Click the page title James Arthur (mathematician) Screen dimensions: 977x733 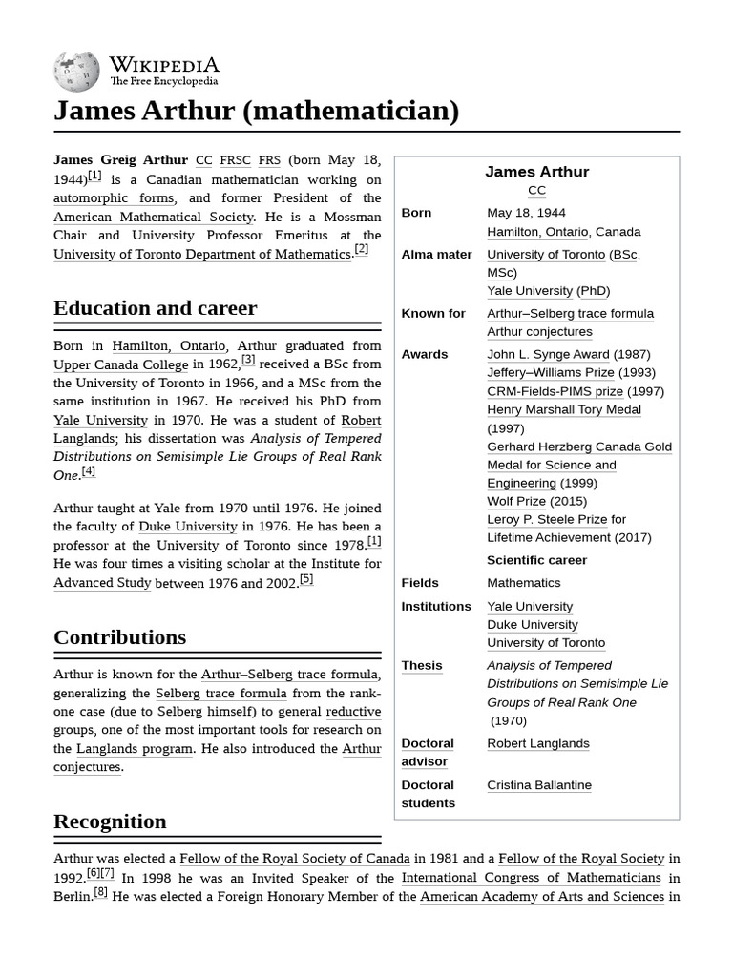[256, 111]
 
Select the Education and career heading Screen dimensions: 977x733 [155, 308]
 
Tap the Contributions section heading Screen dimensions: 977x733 [119, 637]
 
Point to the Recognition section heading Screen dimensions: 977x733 [110, 821]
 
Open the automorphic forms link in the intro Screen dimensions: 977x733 [114, 198]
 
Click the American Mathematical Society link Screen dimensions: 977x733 [153, 217]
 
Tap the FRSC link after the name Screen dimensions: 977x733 [235, 160]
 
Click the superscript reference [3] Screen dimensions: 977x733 [248, 360]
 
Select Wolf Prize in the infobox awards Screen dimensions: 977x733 [516, 501]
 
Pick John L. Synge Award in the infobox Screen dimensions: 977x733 [548, 354]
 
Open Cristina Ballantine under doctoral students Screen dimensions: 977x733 [539, 785]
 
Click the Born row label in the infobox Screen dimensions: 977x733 [416, 213]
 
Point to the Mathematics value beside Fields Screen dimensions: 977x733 [524, 583]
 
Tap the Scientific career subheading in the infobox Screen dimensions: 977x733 [536, 560]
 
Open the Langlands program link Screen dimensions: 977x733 [135, 749]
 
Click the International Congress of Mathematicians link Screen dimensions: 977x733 [531, 878]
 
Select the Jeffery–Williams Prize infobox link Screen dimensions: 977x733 [550, 372]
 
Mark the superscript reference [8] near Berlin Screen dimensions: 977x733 [100, 893]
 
